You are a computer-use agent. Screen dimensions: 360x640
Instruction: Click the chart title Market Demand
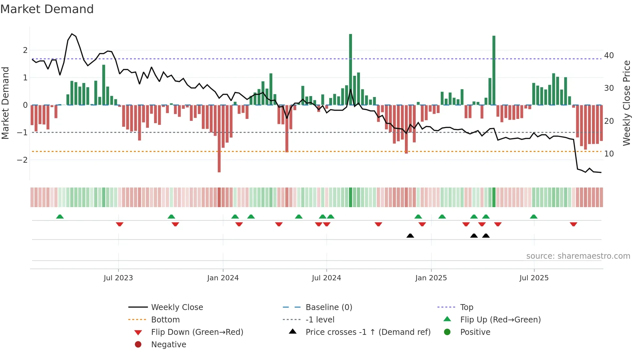[x=47, y=9]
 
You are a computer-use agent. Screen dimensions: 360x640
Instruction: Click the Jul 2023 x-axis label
[x=118, y=278]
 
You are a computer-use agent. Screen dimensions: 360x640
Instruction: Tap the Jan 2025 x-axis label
[x=431, y=278]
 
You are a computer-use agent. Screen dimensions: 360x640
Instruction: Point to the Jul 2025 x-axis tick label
[x=534, y=278]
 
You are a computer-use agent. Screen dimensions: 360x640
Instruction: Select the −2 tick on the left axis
[x=22, y=160]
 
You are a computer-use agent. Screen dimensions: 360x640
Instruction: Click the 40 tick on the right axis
[x=609, y=56]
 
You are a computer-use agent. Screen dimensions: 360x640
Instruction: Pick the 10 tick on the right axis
[x=609, y=154]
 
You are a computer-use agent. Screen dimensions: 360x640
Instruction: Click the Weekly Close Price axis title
[x=626, y=103]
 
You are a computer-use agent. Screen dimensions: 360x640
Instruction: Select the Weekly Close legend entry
[x=177, y=307]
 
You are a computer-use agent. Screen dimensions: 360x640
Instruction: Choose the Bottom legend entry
[x=165, y=320]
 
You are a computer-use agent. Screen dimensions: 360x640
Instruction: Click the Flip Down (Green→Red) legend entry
[x=197, y=332]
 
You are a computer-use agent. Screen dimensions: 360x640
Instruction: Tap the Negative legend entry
[x=168, y=345]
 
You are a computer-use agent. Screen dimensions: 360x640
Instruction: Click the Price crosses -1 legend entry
[x=368, y=332]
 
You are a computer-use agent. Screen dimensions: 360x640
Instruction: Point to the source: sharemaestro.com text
[x=578, y=256]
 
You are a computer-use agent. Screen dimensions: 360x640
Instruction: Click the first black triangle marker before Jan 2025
[x=410, y=236]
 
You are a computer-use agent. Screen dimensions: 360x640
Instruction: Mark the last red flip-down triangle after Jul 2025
[x=573, y=224]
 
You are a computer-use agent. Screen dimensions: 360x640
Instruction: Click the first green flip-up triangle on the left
[x=60, y=217]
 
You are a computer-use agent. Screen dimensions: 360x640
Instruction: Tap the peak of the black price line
[x=72, y=34]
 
